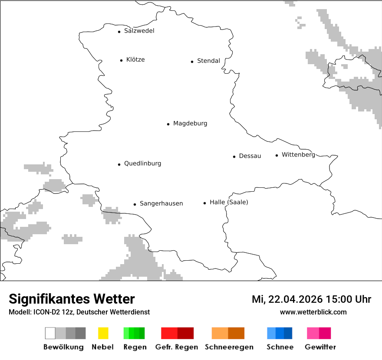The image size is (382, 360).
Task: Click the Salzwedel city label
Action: click(139, 31)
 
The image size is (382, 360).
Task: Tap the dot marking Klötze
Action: click(121, 60)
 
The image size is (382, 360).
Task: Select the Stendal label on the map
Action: click(208, 61)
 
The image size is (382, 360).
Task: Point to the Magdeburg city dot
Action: click(168, 124)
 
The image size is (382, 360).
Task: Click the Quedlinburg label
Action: click(142, 164)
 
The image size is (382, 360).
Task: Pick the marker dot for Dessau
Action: click(234, 157)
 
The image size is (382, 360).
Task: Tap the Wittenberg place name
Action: click(298, 155)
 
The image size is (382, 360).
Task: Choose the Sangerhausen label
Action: click(161, 203)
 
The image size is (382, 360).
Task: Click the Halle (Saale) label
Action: click(229, 202)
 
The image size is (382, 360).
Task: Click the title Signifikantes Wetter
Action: click(72, 299)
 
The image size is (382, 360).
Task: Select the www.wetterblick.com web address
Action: click(313, 312)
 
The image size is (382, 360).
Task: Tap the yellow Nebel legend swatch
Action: click(103, 333)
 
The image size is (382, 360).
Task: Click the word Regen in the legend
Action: click(135, 347)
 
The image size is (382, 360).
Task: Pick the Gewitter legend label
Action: click(320, 347)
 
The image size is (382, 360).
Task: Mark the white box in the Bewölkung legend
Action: click(50, 333)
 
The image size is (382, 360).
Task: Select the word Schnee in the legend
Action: click(280, 347)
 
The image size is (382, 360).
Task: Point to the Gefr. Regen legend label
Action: click(177, 347)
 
